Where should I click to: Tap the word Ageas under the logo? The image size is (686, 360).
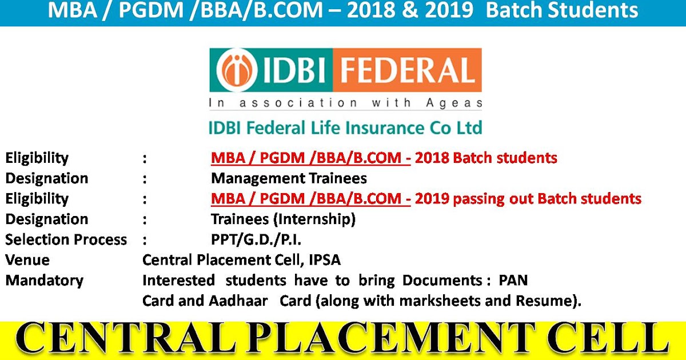click(456, 103)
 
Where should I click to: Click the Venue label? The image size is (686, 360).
click(27, 260)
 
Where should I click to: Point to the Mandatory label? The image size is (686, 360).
click(44, 281)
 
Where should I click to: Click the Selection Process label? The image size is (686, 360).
click(66, 239)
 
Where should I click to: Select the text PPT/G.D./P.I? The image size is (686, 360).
click(256, 239)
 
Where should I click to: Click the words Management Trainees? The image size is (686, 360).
click(289, 178)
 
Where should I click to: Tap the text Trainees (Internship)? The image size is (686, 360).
click(283, 219)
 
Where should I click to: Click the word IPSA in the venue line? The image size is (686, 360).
click(324, 260)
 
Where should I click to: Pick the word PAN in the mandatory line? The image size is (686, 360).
click(513, 281)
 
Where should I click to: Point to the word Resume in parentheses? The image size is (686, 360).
click(548, 301)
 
